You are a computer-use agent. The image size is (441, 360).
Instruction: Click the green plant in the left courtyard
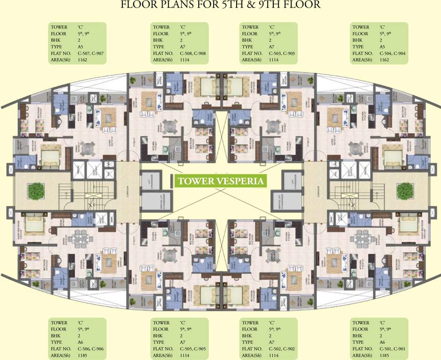click(35, 191)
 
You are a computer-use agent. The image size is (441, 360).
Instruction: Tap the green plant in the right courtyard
click(404, 191)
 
